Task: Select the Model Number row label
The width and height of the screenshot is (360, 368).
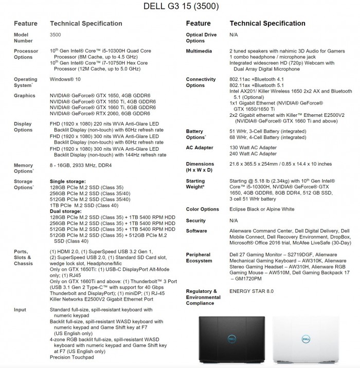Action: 24,37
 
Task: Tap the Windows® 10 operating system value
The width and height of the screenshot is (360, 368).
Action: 66,79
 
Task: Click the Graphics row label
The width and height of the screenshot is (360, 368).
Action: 25,95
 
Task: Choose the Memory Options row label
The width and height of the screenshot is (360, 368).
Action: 24,168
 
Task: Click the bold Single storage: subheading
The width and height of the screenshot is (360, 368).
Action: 68,181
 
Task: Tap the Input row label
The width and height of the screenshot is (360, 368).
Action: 21,310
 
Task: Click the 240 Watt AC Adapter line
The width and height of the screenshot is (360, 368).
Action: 254,153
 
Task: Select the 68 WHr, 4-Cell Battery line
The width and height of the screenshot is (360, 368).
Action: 267,137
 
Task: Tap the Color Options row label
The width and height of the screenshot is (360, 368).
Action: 203,209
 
